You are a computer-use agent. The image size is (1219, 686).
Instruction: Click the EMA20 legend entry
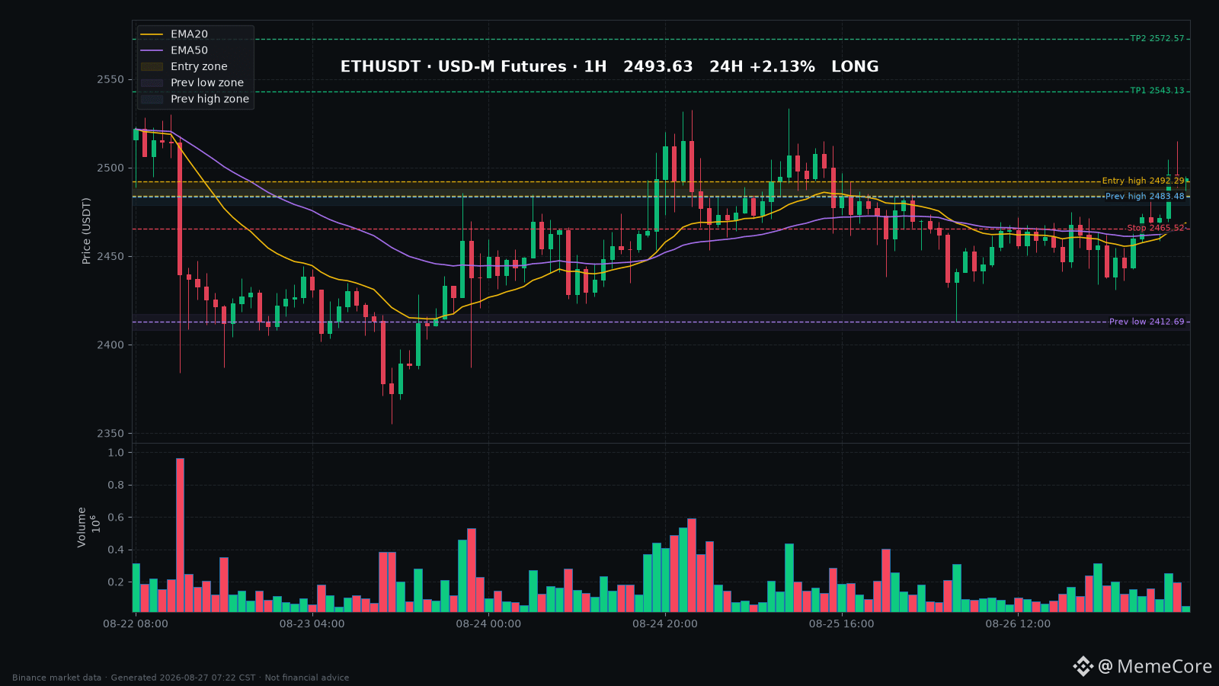pos(174,34)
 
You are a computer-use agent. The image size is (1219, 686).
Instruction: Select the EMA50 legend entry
pos(174,50)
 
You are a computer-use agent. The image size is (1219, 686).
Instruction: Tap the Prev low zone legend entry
pos(192,83)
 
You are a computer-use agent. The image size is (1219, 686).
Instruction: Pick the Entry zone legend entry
pos(184,66)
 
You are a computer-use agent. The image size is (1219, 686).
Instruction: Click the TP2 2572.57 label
pos(1157,39)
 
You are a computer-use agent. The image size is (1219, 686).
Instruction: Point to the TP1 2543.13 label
pos(1157,91)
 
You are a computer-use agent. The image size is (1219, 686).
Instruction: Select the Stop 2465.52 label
pos(1155,228)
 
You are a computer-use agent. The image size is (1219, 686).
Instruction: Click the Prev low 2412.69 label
pos(1147,322)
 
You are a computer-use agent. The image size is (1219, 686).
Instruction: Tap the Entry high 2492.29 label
pos(1143,181)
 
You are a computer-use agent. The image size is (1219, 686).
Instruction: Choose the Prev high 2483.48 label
pos(1144,197)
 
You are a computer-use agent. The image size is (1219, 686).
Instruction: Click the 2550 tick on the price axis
pos(110,79)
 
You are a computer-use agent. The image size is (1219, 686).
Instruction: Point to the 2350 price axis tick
pos(110,434)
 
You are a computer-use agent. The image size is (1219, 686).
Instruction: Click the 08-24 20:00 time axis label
pos(664,624)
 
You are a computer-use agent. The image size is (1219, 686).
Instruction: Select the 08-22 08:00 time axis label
pos(136,624)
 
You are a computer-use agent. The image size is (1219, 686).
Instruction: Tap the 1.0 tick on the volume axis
pos(116,453)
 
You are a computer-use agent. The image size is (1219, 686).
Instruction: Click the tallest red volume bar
pos(180,535)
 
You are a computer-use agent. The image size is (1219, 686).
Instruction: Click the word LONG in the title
pos(855,66)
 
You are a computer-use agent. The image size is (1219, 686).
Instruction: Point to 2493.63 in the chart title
pos(658,66)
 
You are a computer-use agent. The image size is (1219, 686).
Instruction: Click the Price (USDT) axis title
pos(86,232)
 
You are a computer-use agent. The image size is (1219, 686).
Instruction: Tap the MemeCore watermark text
pos(1165,666)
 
